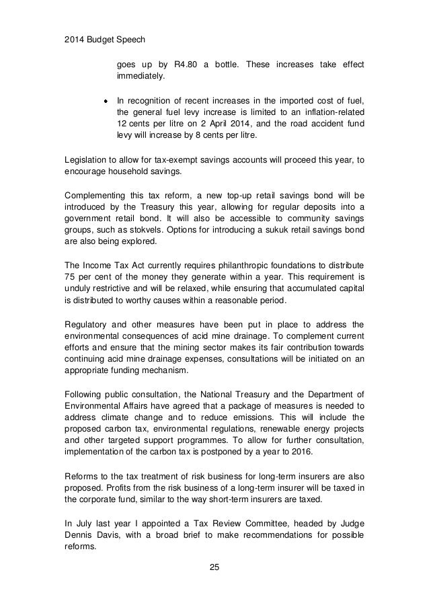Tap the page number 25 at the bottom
click(214, 569)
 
